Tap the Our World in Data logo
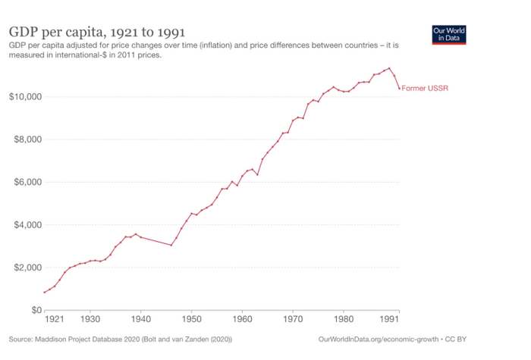point(448,35)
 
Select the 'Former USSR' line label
point(425,88)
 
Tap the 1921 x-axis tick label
point(55,320)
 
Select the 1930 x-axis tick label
point(90,320)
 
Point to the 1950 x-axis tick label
point(191,320)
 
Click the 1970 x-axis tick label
point(293,320)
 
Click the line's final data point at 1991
point(399,89)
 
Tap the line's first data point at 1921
point(45,293)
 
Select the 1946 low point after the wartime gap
point(171,245)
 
